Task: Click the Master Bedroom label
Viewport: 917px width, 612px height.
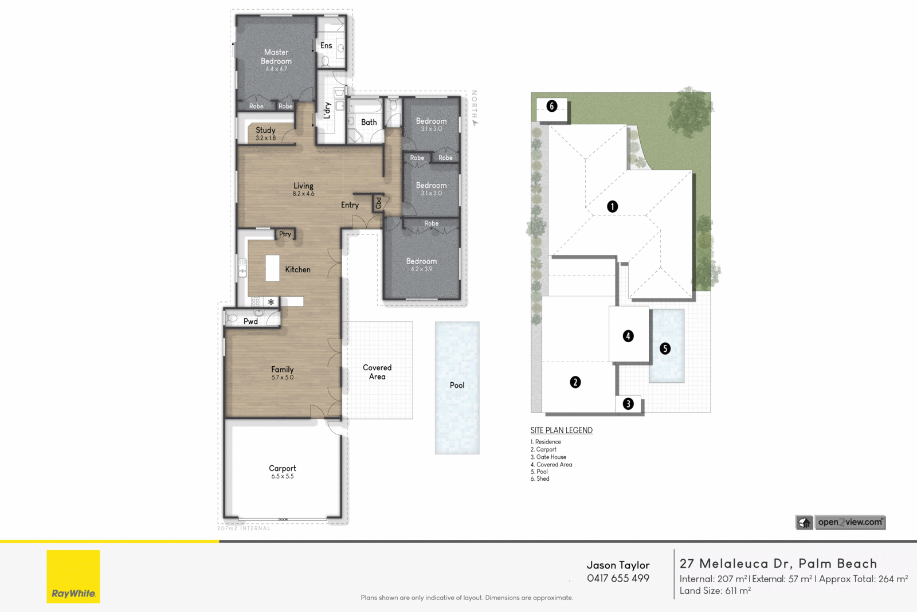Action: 276,57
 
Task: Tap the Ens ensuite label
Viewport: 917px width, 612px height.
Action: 326,45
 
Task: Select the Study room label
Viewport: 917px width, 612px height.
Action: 265,131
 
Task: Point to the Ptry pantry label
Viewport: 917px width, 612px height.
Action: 285,234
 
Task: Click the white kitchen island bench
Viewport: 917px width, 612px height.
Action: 272,268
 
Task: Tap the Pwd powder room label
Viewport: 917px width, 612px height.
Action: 250,321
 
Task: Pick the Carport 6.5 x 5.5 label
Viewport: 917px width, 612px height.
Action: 283,472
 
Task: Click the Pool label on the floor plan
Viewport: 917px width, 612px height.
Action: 457,385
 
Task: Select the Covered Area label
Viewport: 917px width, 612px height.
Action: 377,372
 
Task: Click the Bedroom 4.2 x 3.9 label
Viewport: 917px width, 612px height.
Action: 421,264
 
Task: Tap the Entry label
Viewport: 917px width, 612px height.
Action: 350,205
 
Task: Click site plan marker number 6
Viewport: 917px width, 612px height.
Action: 551,106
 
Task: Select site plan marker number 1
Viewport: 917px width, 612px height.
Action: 612,206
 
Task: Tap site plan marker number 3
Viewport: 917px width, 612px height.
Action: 628,403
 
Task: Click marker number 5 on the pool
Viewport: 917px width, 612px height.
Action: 665,348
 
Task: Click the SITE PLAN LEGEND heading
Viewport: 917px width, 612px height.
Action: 561,430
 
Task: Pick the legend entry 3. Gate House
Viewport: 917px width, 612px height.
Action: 548,457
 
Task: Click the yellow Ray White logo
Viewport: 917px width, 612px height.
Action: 73,576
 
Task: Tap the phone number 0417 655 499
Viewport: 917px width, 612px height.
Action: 618,578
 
